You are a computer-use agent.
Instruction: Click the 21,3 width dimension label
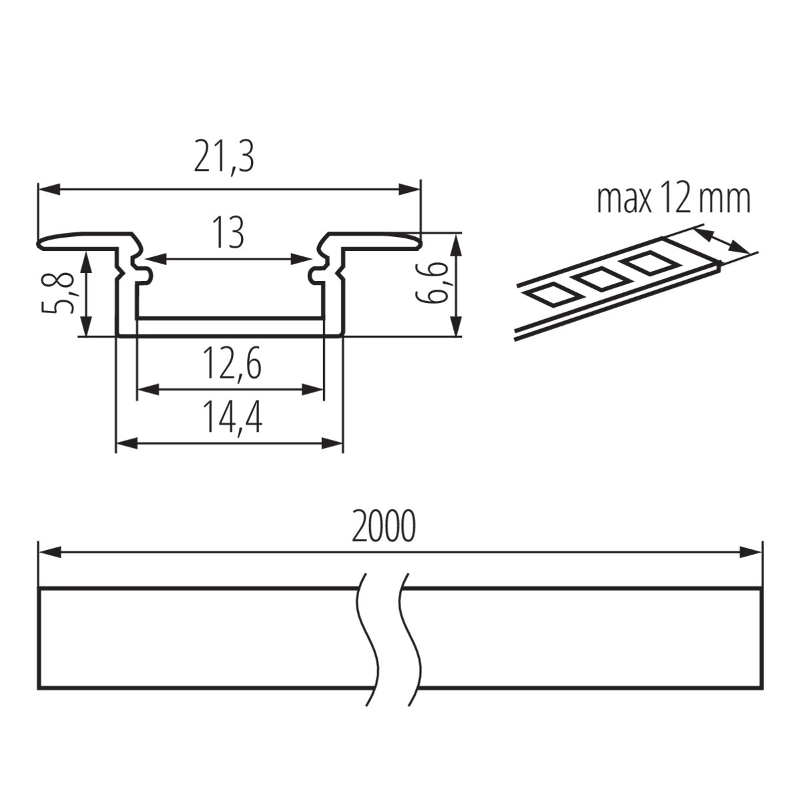[x=224, y=158]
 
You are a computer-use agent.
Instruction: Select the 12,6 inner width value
[x=232, y=363]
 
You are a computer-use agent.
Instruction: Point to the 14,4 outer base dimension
[x=232, y=417]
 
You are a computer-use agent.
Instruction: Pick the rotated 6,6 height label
[x=431, y=284]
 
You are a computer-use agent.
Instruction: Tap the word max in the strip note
[x=624, y=200]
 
